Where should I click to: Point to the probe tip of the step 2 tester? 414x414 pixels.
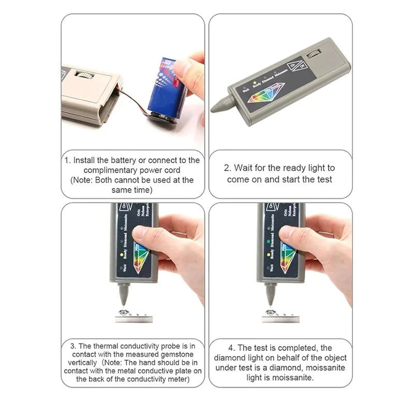(216, 108)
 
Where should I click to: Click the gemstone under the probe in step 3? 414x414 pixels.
(126, 313)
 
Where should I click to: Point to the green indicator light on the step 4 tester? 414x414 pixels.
(270, 241)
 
